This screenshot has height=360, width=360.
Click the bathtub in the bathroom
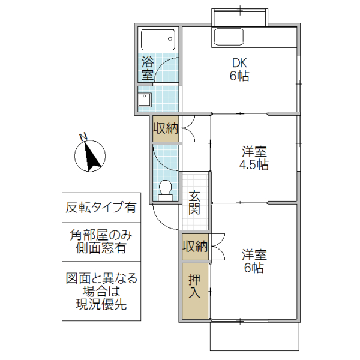tap(158, 41)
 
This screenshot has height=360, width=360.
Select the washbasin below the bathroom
tap(145, 100)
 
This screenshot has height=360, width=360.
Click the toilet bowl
tap(165, 191)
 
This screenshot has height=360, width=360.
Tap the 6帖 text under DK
tap(239, 76)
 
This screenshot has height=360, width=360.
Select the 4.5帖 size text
tap(254, 165)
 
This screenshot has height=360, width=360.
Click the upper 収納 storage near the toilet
tap(165, 128)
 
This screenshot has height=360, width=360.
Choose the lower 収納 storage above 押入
tap(195, 246)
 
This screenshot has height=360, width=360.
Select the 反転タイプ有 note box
tap(101, 208)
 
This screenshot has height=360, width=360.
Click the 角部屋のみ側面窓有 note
tap(101, 242)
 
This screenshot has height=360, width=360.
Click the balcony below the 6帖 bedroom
tap(254, 337)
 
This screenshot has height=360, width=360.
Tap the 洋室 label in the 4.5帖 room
tap(254, 152)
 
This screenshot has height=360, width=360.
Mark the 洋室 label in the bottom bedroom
tap(254, 254)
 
